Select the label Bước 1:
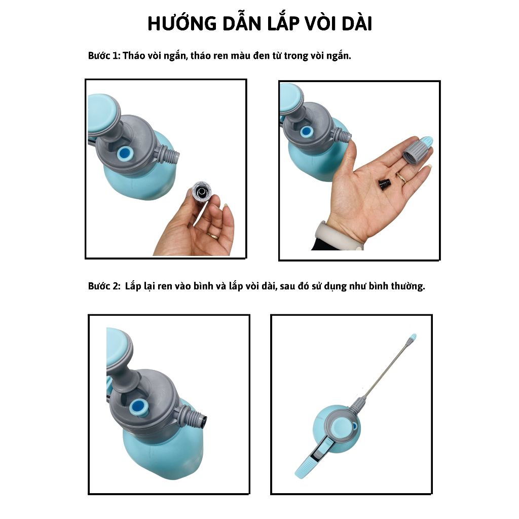(103, 56)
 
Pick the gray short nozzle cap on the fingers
(418, 150)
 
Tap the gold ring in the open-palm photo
(402, 177)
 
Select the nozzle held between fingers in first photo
(201, 191)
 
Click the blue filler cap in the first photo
(125, 153)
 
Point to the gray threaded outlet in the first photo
(167, 155)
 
